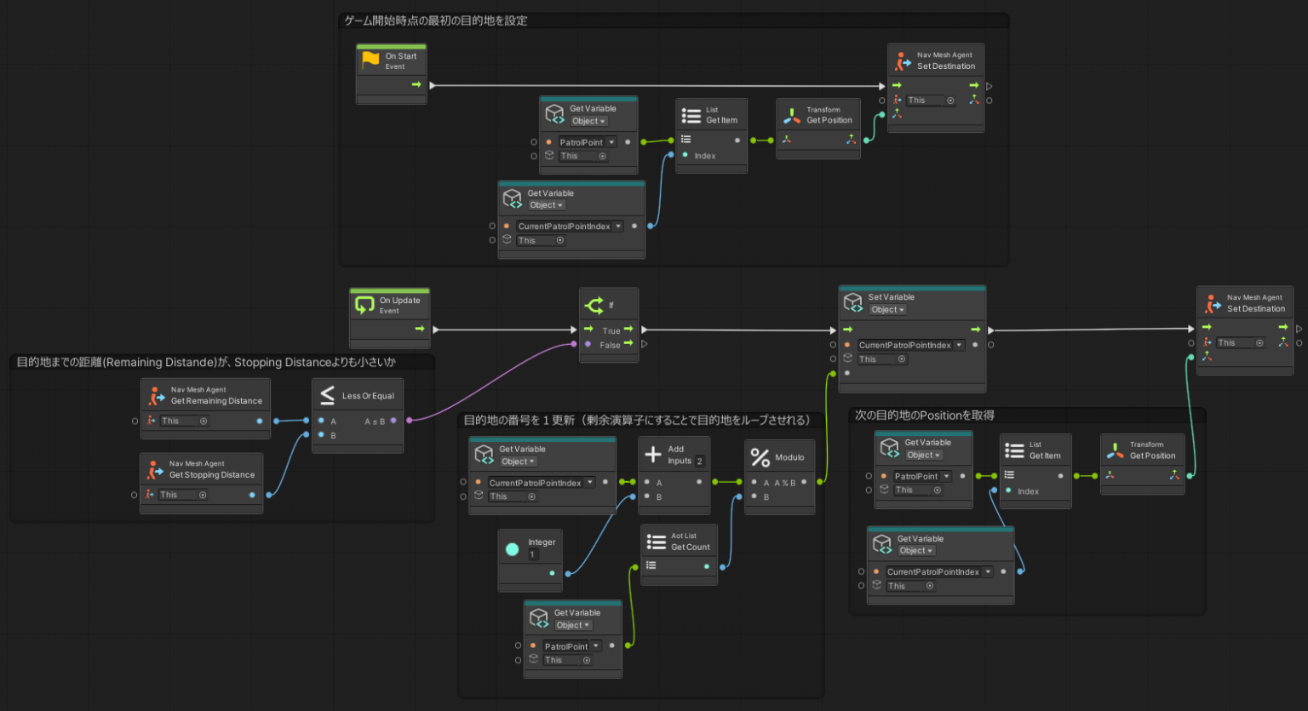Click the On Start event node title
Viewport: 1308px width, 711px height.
[x=400, y=57]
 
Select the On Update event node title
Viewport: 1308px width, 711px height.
[x=399, y=301]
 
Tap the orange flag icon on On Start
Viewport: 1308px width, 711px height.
[x=370, y=59]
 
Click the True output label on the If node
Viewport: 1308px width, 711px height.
[x=611, y=330]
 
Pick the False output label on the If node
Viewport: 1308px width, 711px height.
[x=610, y=345]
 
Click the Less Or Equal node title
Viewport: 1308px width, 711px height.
[x=368, y=396]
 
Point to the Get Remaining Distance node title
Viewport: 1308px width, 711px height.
[x=216, y=401]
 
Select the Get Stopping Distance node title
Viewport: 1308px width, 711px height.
[x=212, y=475]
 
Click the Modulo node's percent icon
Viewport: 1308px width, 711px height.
[x=760, y=457]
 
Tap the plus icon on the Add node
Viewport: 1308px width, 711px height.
[x=653, y=454]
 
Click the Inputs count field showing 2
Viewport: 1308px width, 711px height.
[x=699, y=462]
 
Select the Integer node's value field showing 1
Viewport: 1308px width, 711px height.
[x=533, y=554]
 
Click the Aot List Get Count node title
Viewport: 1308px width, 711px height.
[x=690, y=547]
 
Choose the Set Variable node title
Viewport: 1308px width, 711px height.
[x=891, y=297]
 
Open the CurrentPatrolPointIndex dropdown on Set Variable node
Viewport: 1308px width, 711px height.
[x=959, y=345]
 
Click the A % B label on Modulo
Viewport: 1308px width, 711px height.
[x=784, y=483]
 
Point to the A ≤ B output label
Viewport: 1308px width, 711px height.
[x=375, y=421]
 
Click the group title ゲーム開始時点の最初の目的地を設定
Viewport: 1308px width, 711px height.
[x=436, y=20]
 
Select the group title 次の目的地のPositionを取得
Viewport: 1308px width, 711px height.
[x=925, y=415]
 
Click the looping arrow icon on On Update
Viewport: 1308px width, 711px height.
[x=364, y=304]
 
